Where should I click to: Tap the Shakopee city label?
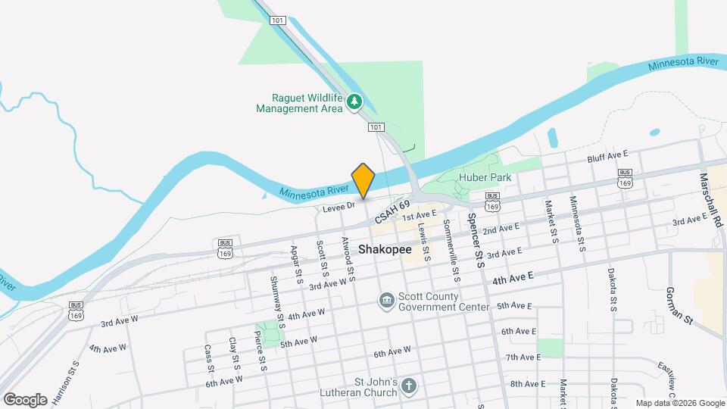385,248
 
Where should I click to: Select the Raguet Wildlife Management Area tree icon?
354,101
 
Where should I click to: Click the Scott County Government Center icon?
387,301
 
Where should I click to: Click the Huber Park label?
485,177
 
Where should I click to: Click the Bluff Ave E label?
608,158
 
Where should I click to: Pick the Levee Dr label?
338,206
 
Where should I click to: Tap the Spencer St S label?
476,240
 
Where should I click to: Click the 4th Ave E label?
513,279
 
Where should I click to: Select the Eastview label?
672,376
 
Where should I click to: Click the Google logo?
25,399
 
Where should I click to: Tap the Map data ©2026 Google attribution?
679,403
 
